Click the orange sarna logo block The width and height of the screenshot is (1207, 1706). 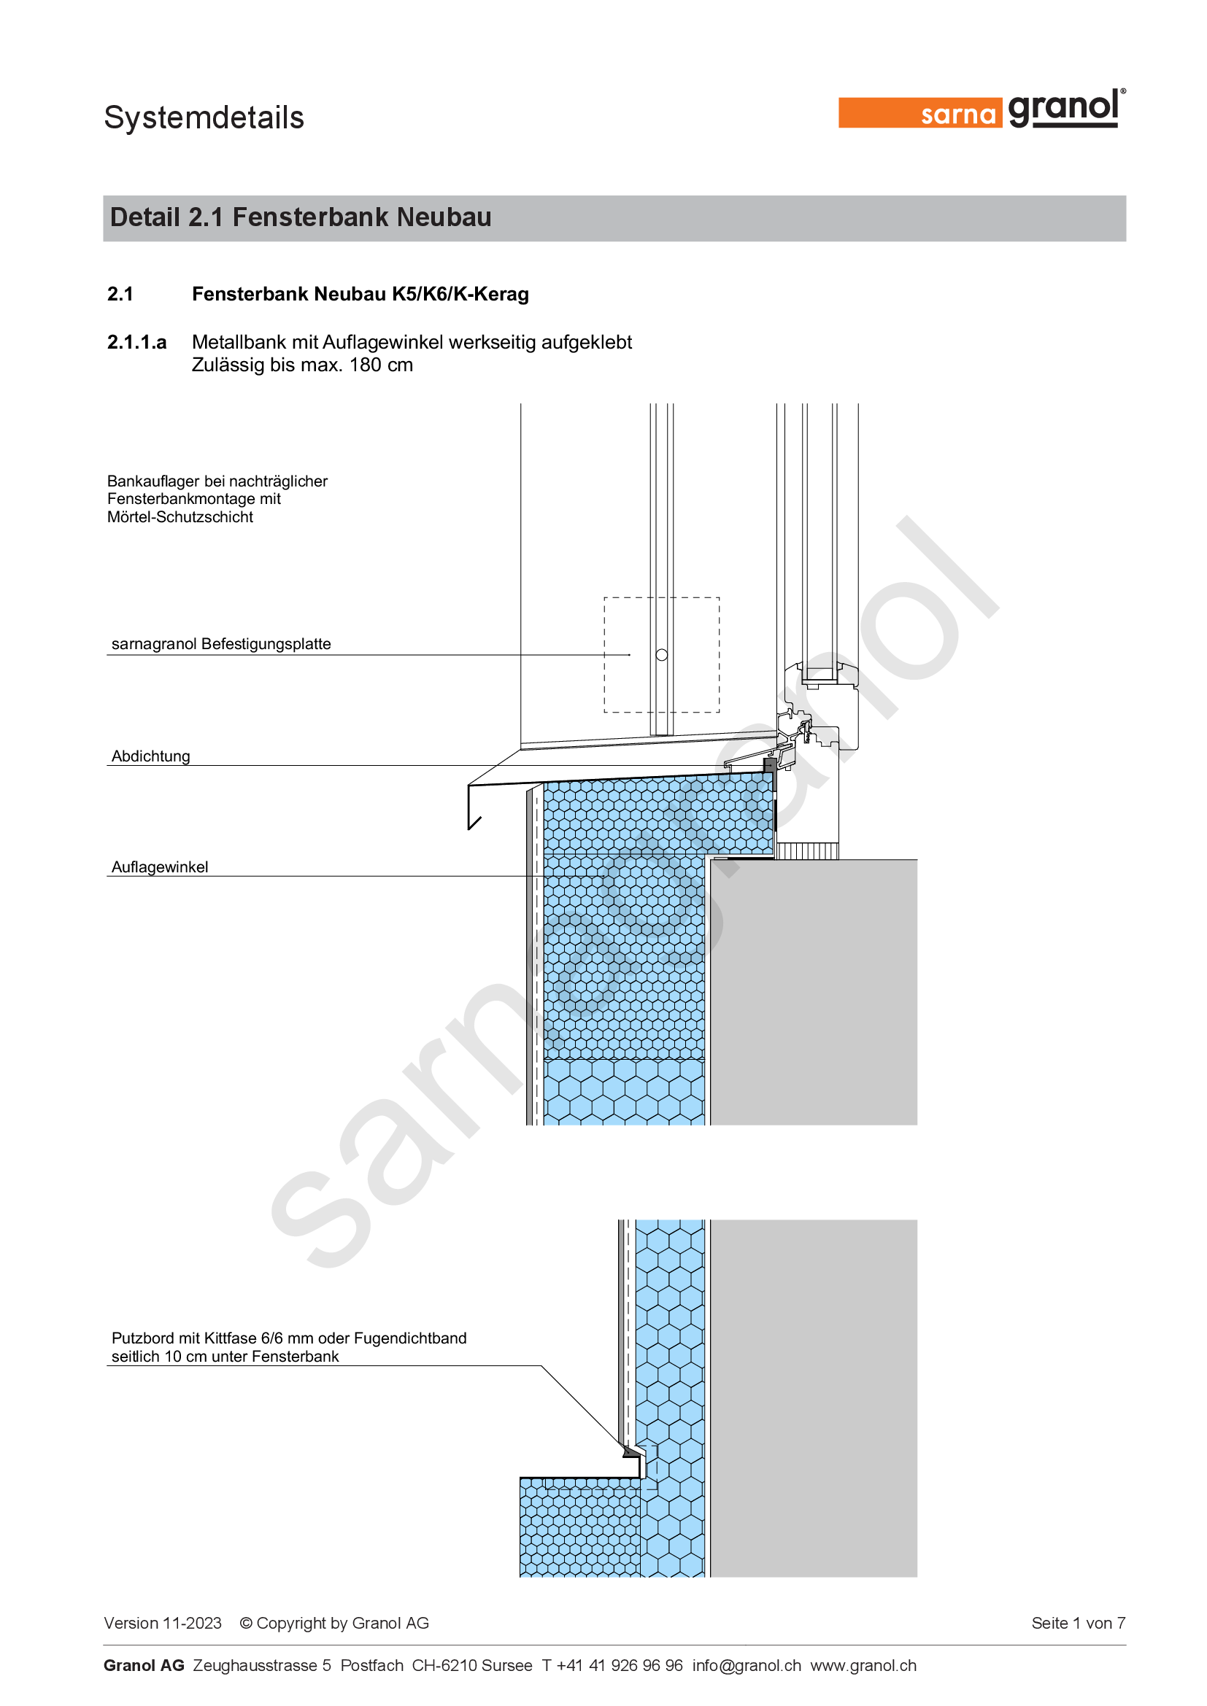point(920,113)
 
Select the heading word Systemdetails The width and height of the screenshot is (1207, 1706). point(204,117)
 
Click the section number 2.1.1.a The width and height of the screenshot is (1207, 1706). point(136,342)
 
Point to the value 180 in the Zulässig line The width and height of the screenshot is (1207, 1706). point(366,365)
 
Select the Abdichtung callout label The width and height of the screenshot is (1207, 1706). point(151,756)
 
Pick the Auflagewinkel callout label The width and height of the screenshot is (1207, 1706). point(160,866)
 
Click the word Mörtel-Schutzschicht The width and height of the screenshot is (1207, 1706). point(180,516)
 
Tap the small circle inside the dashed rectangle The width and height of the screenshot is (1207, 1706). point(661,654)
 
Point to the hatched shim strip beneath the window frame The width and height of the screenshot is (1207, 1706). point(807,850)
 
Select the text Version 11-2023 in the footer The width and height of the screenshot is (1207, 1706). point(163,1623)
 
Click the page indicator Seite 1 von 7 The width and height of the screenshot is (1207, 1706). point(1079,1623)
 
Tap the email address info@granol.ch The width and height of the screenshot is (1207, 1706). point(747,1665)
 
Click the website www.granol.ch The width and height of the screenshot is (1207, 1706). point(863,1665)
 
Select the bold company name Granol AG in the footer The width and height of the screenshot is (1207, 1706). point(144,1665)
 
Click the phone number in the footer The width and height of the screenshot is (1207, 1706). point(612,1665)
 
